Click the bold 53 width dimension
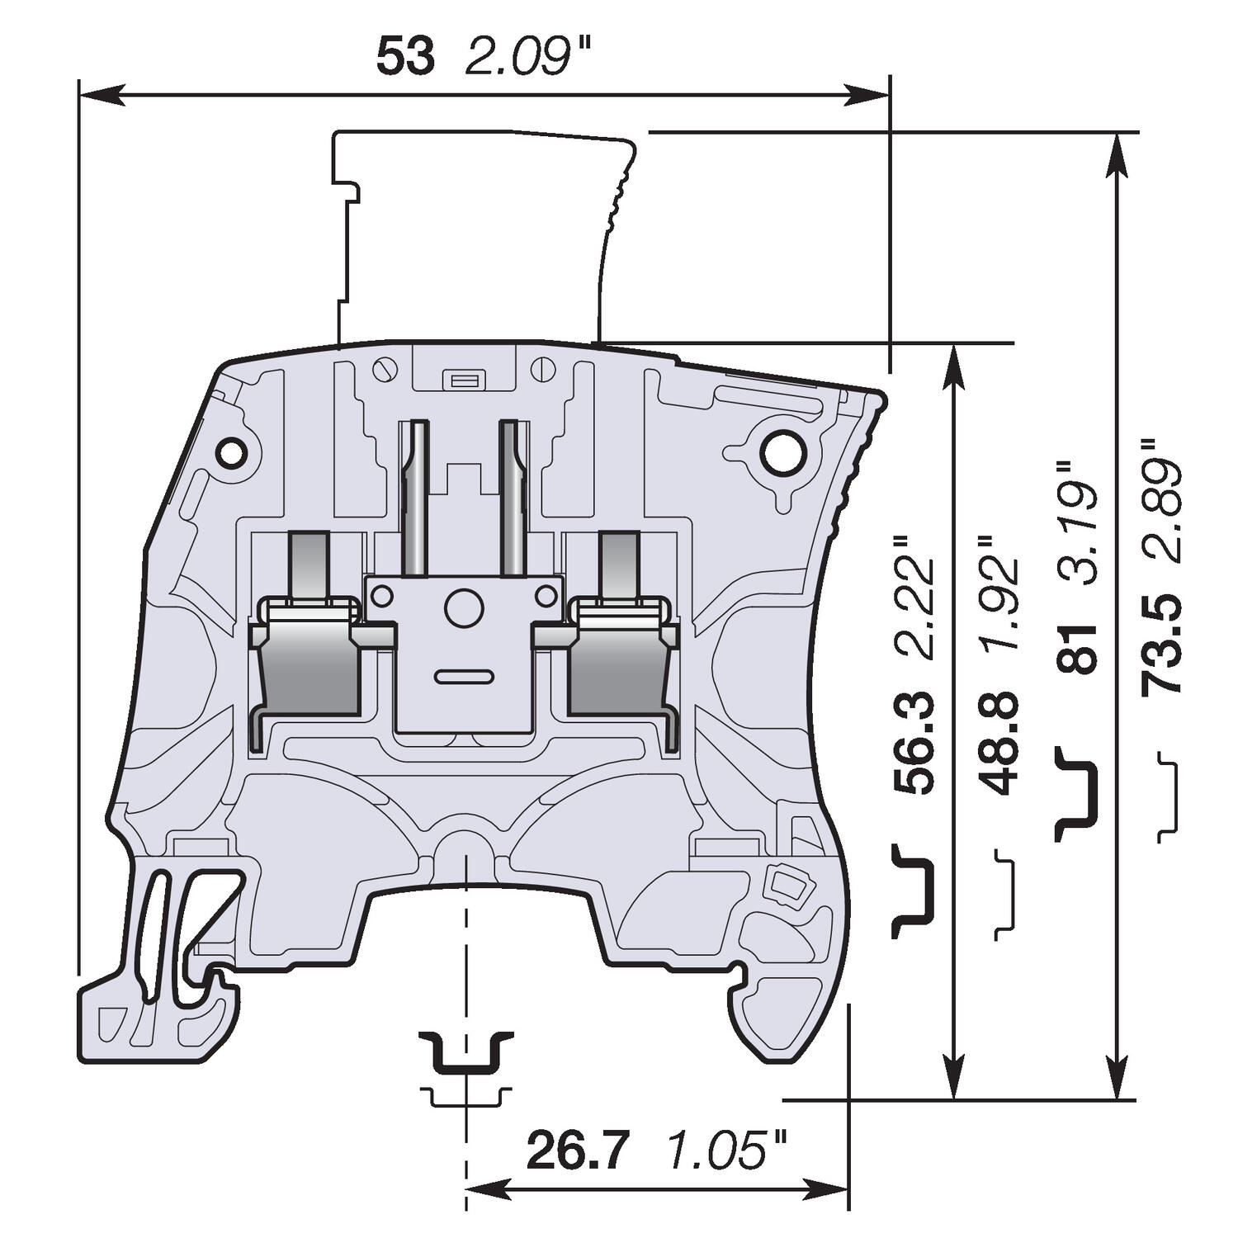[x=405, y=58]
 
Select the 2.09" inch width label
[x=518, y=58]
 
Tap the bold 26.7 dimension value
[x=578, y=1151]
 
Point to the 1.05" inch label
[x=726, y=1151]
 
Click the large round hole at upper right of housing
[x=782, y=451]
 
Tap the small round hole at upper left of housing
[x=231, y=452]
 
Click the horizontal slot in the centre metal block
[x=464, y=677]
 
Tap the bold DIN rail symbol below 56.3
[x=913, y=891]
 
